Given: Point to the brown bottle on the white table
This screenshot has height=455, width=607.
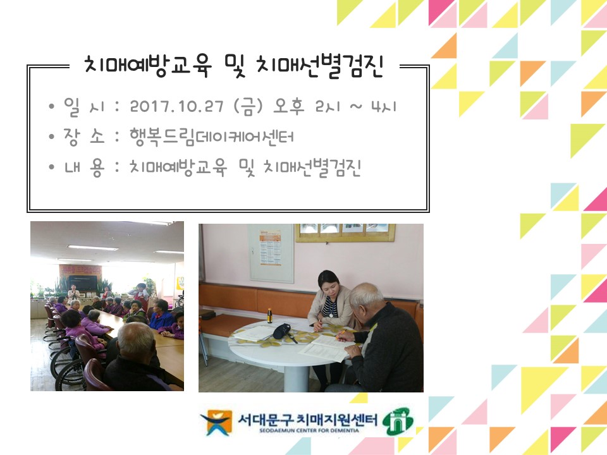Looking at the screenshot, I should click(271, 315).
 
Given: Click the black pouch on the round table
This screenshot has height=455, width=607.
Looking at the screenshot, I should click(281, 331).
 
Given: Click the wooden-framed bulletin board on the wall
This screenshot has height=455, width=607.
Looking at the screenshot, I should click(345, 233).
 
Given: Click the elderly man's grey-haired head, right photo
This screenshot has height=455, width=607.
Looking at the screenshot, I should click(367, 297).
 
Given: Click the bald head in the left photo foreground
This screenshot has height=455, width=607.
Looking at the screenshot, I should click(135, 339).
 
